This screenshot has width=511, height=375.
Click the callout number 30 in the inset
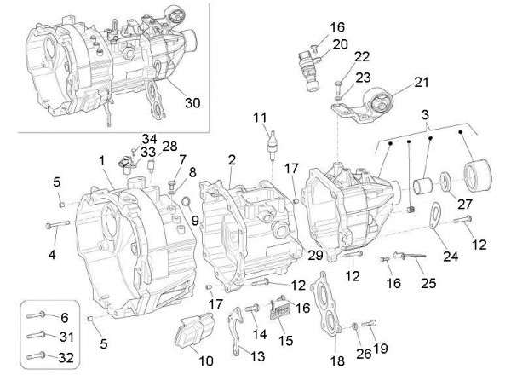[192, 103]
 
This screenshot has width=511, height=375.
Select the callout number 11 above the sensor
[259, 116]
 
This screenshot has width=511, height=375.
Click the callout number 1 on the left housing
[100, 159]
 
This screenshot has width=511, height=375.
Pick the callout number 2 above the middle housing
[231, 159]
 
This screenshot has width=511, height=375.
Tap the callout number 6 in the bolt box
[65, 317]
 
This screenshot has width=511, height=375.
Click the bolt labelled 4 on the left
[57, 225]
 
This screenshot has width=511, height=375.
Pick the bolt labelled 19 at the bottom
[369, 324]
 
